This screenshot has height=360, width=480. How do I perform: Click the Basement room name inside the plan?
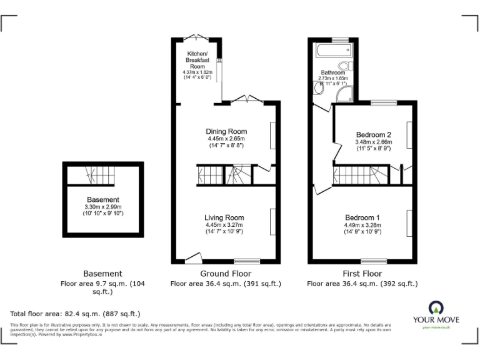[x=102, y=200]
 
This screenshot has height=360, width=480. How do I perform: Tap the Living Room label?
[x=224, y=217]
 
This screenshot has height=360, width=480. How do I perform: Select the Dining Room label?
[x=226, y=131]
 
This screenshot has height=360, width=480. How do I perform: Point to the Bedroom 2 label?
[x=373, y=134]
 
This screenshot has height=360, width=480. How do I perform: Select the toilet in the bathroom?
[x=343, y=66]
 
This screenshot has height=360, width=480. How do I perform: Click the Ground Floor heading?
[x=226, y=274]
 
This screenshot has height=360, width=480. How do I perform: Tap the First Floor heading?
[x=362, y=274]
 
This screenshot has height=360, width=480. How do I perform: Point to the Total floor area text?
[x=76, y=314]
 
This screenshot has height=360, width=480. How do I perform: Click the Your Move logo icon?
[x=435, y=307]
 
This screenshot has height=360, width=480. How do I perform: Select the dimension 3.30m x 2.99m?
[x=102, y=207]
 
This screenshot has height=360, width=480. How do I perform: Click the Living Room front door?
[x=194, y=257]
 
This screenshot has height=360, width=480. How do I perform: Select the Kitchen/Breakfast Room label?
[x=197, y=60]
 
